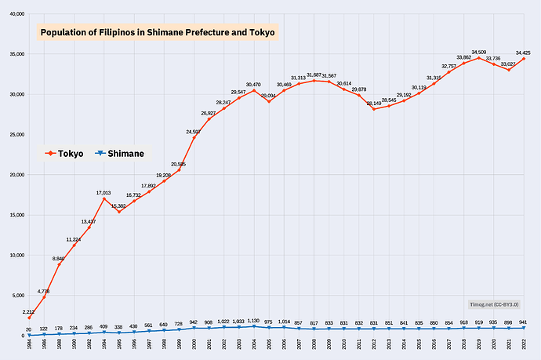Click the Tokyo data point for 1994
click(x=103, y=198)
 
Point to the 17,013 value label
click(x=103, y=192)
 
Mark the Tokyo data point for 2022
click(x=524, y=59)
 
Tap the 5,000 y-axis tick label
click(x=17, y=296)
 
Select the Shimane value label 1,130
click(x=253, y=320)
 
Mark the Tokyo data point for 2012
click(x=374, y=109)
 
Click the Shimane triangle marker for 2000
click(x=194, y=328)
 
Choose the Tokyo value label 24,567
click(x=193, y=132)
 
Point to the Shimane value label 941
click(x=524, y=322)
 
